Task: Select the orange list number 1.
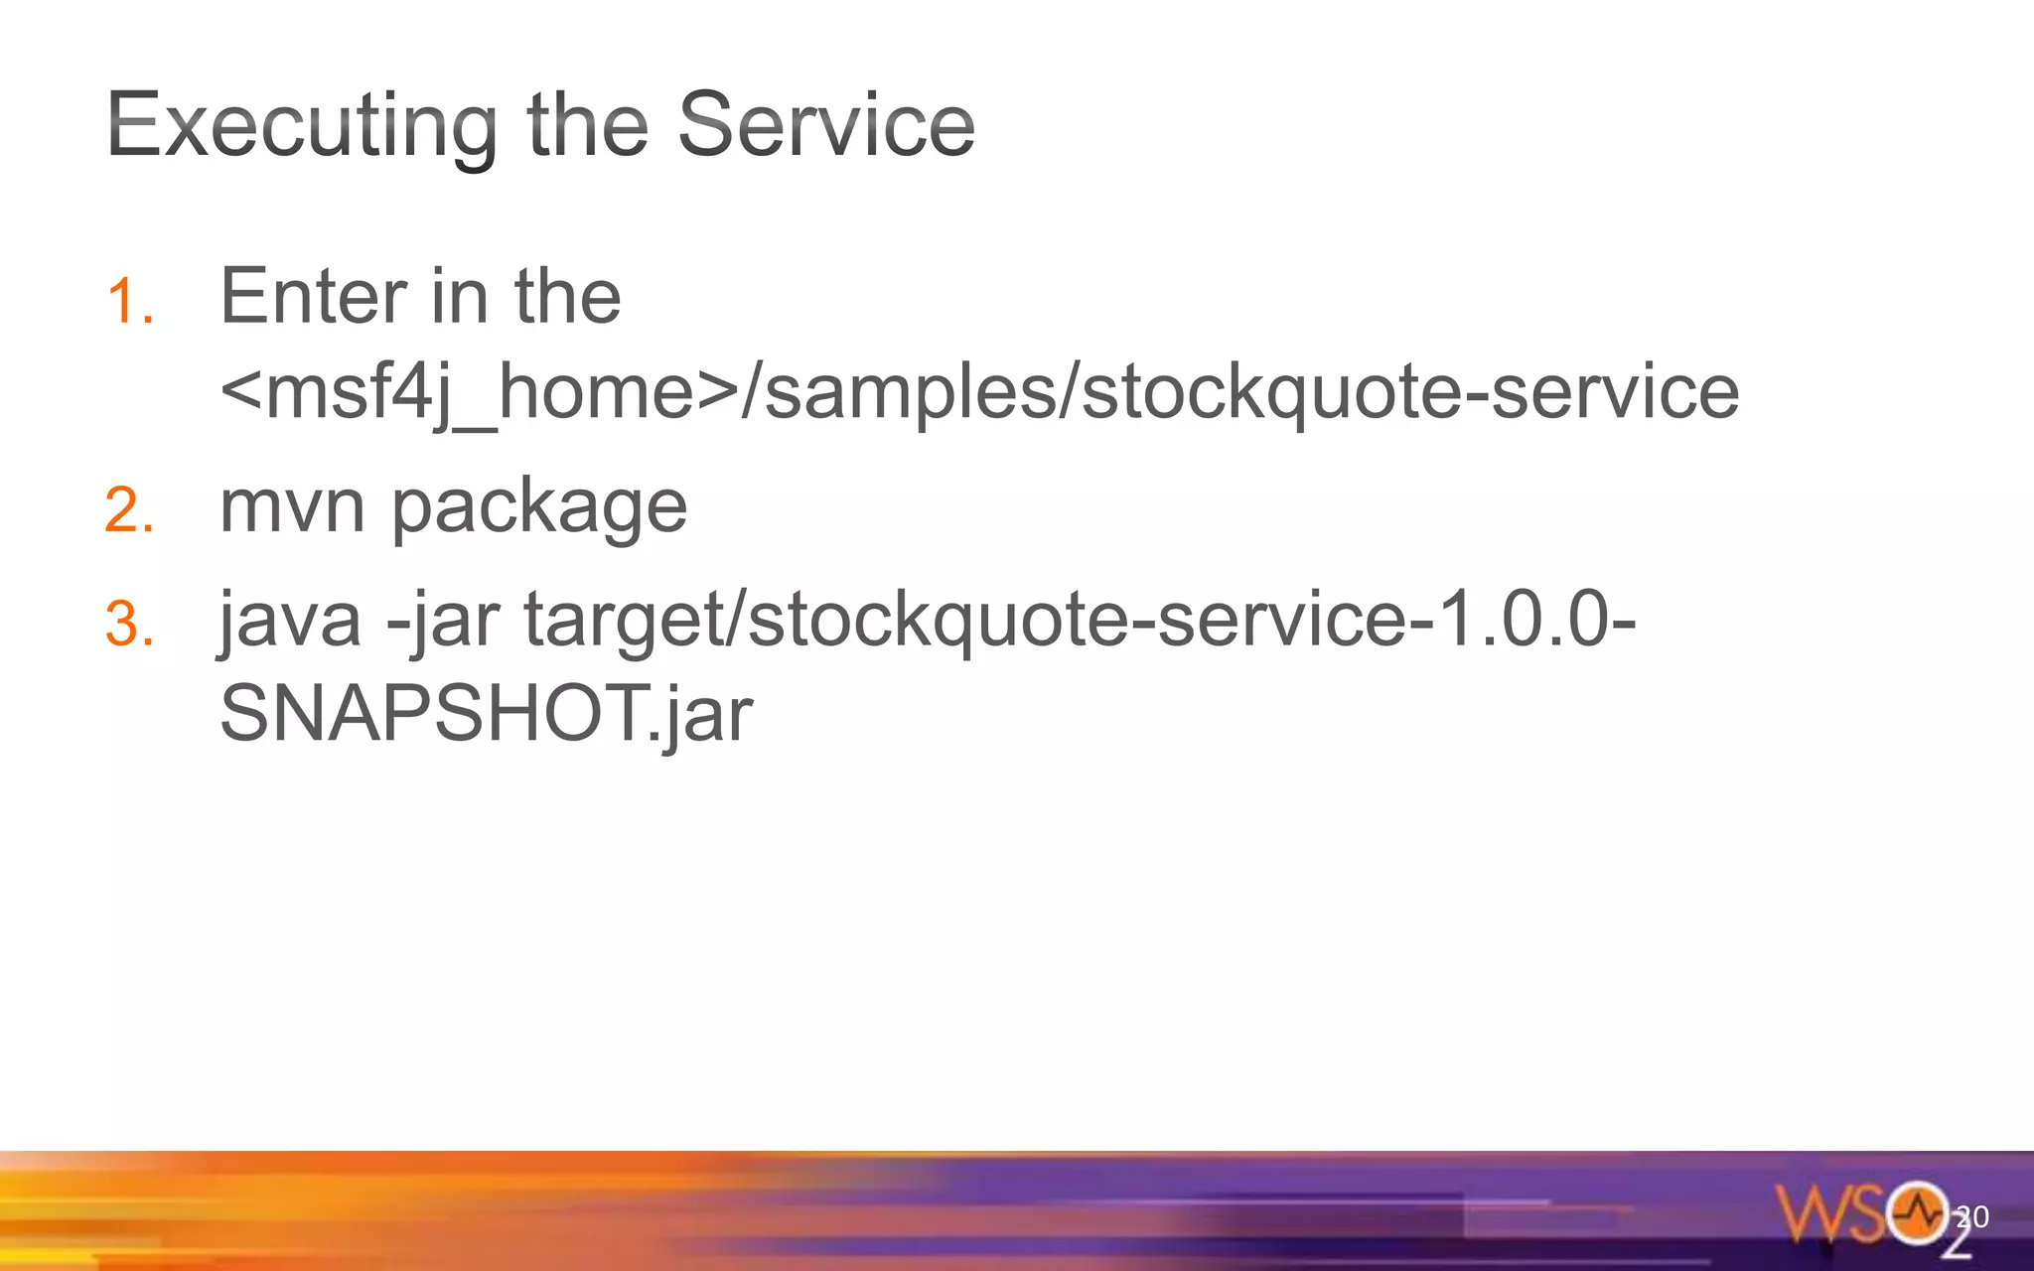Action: [129, 301]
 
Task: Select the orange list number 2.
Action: [129, 510]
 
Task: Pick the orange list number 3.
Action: [129, 625]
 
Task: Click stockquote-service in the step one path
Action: [1410, 392]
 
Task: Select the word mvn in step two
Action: [292, 507]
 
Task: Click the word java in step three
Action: [290, 621]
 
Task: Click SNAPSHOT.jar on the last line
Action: [486, 713]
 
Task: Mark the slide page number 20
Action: [1972, 1216]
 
